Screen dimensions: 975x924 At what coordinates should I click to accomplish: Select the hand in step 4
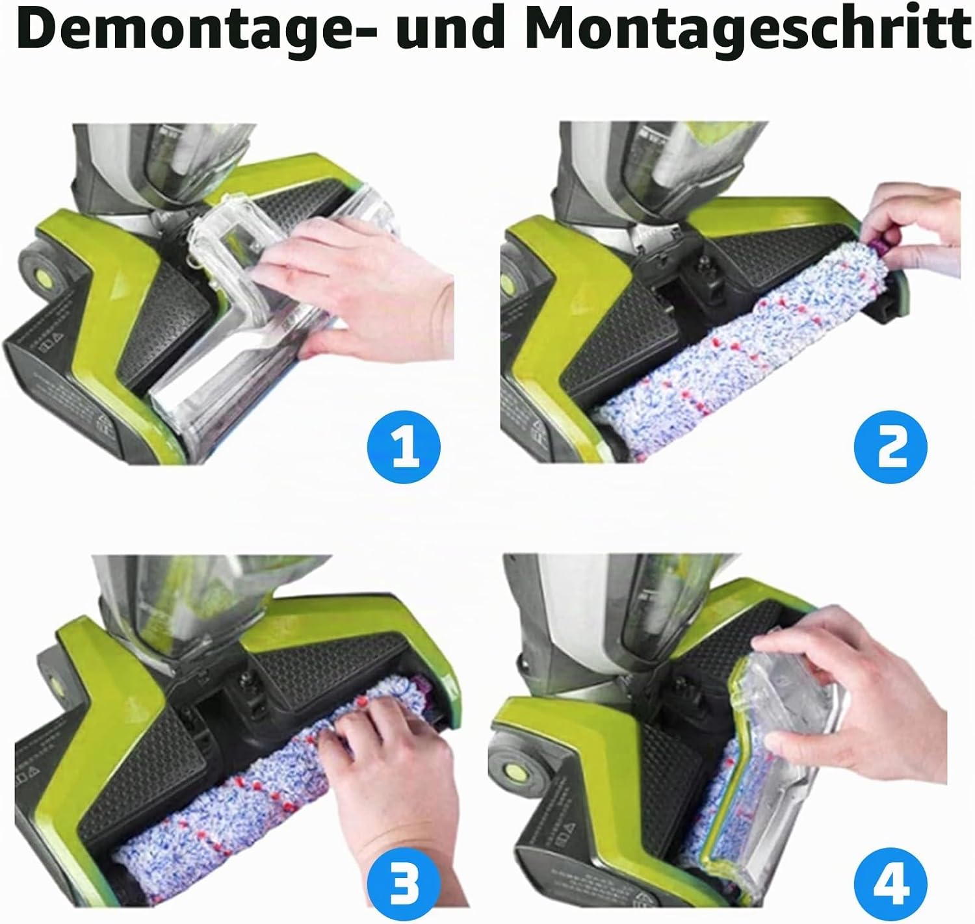tap(853, 695)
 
